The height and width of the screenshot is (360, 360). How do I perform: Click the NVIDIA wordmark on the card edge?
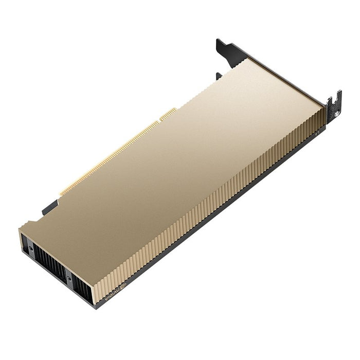[113, 295]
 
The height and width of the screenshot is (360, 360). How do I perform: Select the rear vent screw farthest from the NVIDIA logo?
[31, 248]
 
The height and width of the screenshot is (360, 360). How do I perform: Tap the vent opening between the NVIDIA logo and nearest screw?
[82, 291]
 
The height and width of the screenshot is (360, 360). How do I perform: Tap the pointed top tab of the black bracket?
[227, 49]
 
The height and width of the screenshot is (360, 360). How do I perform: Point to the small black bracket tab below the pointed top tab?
[219, 76]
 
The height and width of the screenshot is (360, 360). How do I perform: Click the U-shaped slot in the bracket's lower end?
[334, 98]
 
